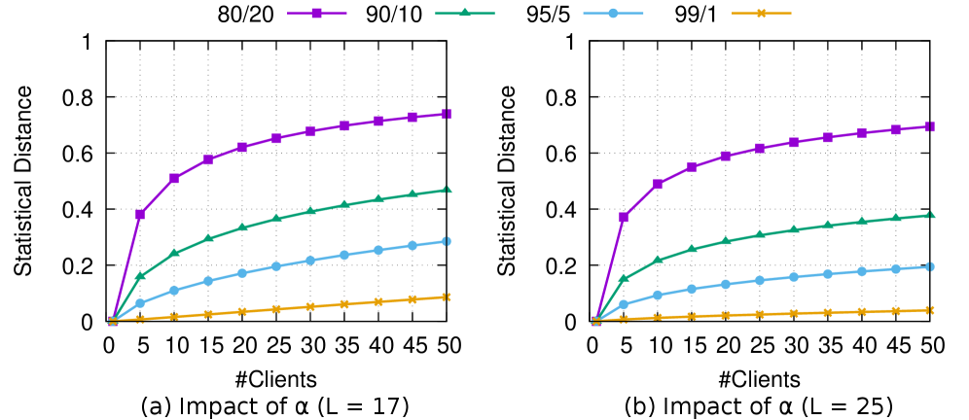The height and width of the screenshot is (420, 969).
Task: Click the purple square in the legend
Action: (317, 14)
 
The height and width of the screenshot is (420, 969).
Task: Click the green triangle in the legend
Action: (465, 14)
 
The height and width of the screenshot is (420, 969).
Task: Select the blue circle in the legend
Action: (613, 14)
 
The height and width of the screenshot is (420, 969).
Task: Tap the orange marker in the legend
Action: (762, 14)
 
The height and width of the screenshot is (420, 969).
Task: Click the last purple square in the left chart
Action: (447, 115)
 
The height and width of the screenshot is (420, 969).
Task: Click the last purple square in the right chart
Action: (930, 126)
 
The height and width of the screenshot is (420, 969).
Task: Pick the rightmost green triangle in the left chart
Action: (447, 190)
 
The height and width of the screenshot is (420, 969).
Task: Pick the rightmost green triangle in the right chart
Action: (930, 214)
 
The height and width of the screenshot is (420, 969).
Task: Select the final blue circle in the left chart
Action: (447, 241)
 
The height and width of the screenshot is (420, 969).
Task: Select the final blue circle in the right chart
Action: (930, 266)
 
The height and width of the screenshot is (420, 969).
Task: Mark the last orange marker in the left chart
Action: (447, 297)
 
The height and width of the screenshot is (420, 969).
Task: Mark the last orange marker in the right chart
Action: (930, 310)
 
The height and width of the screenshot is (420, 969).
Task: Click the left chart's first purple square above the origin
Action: (140, 214)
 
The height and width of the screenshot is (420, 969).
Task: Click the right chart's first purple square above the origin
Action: (624, 217)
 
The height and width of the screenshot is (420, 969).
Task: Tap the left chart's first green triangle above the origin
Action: (140, 276)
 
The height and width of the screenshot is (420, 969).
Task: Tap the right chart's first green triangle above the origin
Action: (624, 279)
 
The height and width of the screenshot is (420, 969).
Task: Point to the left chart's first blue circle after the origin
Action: (140, 303)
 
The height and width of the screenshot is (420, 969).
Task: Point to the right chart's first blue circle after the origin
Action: (624, 304)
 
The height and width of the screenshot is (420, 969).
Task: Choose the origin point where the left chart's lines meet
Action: (113, 320)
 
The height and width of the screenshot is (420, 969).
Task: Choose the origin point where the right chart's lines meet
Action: (596, 320)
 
